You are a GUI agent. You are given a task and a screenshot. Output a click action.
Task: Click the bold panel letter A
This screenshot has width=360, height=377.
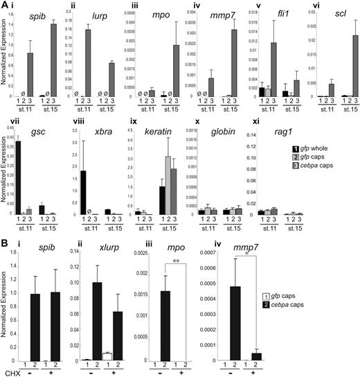pyautogui.click(x=6, y=6)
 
